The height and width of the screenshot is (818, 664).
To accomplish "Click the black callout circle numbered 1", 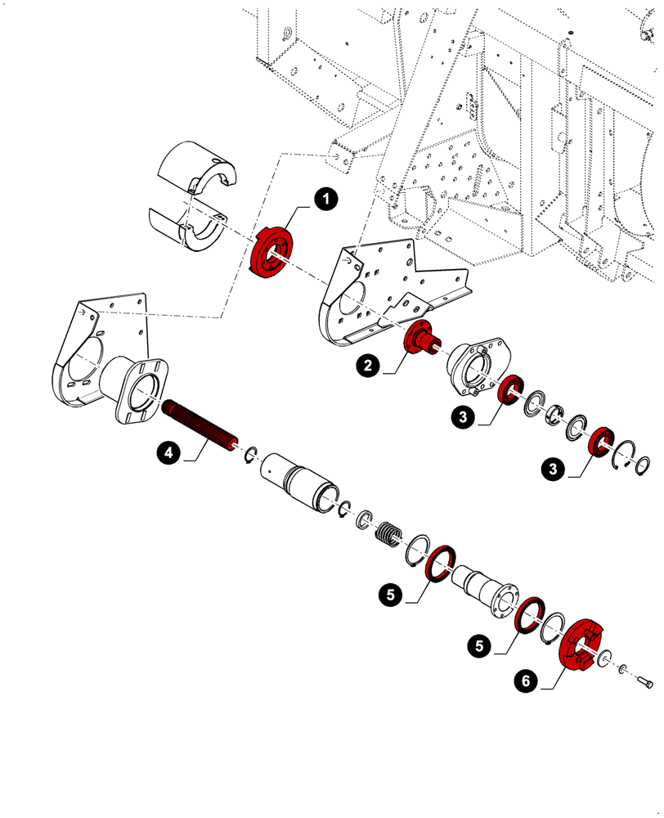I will pyautogui.click(x=325, y=198).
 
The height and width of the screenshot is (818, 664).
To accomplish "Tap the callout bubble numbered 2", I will pyautogui.click(x=367, y=366).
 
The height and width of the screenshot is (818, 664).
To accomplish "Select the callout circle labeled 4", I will pyautogui.click(x=167, y=451).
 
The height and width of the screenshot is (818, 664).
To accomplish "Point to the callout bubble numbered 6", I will pyautogui.click(x=527, y=678).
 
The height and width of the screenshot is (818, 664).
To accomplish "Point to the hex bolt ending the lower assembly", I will pyautogui.click(x=644, y=681).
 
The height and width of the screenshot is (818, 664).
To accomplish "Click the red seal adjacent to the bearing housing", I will pyautogui.click(x=512, y=390).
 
